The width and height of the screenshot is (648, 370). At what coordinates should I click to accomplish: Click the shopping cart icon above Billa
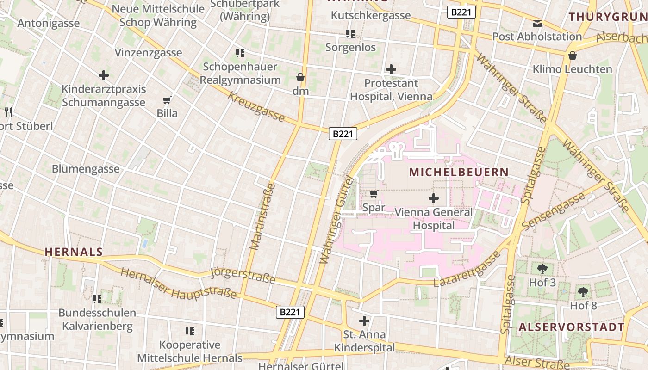[167, 100]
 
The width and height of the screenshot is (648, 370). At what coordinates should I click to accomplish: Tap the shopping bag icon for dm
[300, 77]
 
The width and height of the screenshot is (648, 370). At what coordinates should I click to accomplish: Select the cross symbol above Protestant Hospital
[391, 69]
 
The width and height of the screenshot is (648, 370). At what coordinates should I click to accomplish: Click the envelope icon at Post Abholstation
[537, 23]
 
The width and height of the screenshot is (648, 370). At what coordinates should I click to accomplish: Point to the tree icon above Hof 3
[542, 268]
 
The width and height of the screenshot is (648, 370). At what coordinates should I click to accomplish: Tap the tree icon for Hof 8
[583, 292]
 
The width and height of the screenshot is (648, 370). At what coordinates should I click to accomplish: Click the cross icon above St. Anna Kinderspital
[364, 321]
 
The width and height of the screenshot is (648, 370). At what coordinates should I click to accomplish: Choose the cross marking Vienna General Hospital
[434, 198]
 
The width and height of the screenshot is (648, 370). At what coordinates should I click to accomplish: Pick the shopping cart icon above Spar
[374, 194]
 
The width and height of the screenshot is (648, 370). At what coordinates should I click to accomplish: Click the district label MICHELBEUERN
[459, 172]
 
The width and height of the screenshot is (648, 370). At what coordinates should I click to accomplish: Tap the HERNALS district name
[74, 252]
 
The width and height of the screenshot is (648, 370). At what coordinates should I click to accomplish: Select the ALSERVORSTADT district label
[571, 327]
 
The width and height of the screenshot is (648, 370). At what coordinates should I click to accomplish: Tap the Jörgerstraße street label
[243, 276]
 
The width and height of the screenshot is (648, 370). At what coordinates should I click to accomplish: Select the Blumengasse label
[86, 169]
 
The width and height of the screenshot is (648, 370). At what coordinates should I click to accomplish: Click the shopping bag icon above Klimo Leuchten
[573, 55]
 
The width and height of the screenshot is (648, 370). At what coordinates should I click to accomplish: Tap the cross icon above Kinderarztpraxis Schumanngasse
[104, 75]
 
